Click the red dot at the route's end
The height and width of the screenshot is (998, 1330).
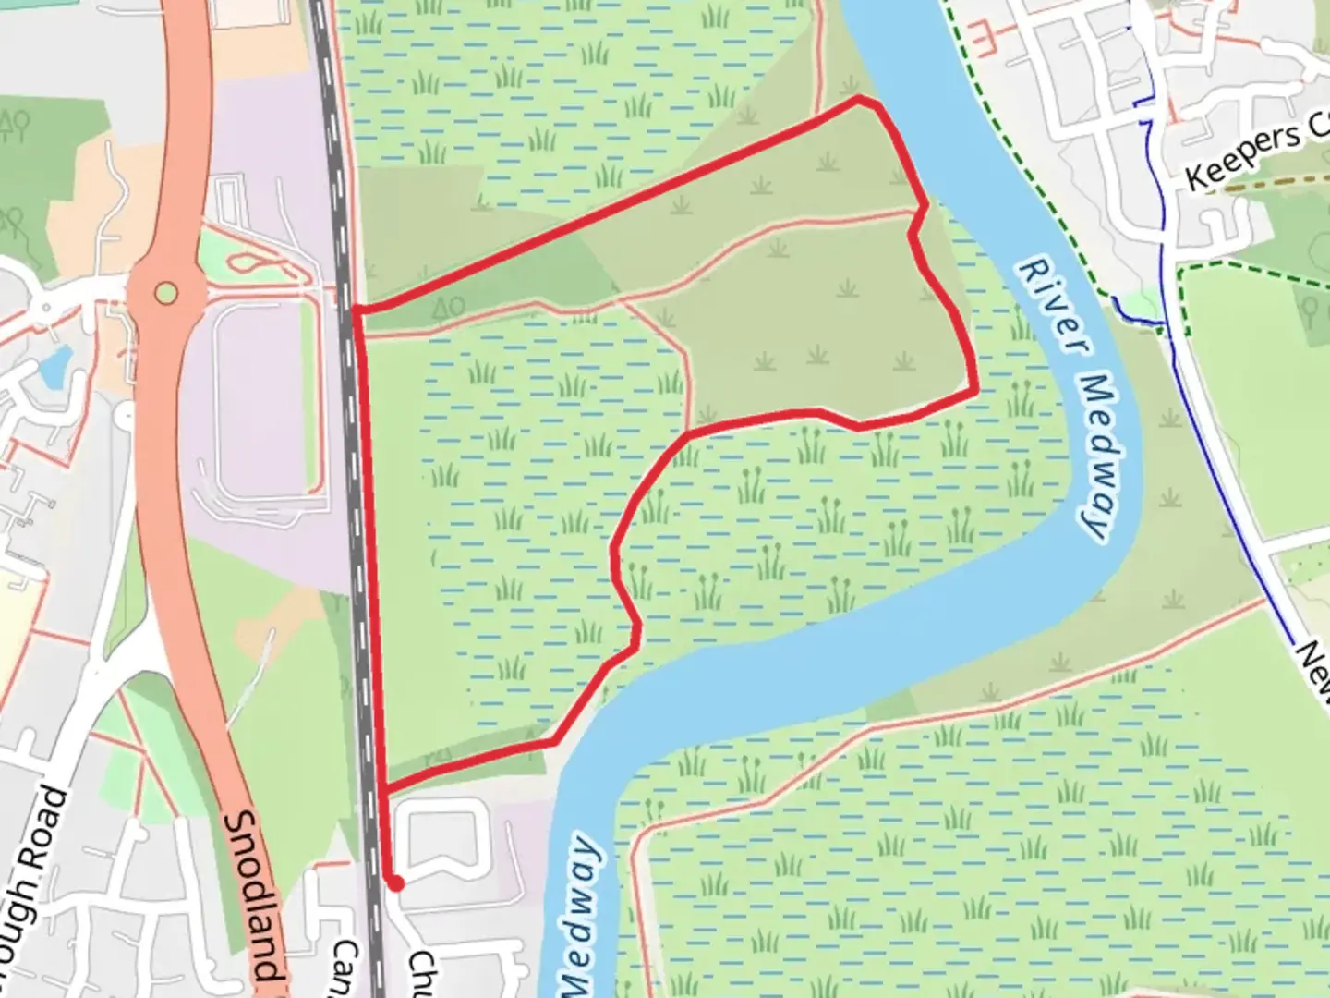pos(396,883)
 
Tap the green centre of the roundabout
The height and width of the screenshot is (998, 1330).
pos(165,294)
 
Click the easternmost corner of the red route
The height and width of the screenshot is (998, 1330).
pos(975,392)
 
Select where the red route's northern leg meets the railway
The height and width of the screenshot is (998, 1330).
pos(356,309)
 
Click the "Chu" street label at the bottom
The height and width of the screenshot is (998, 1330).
pos(423,970)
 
